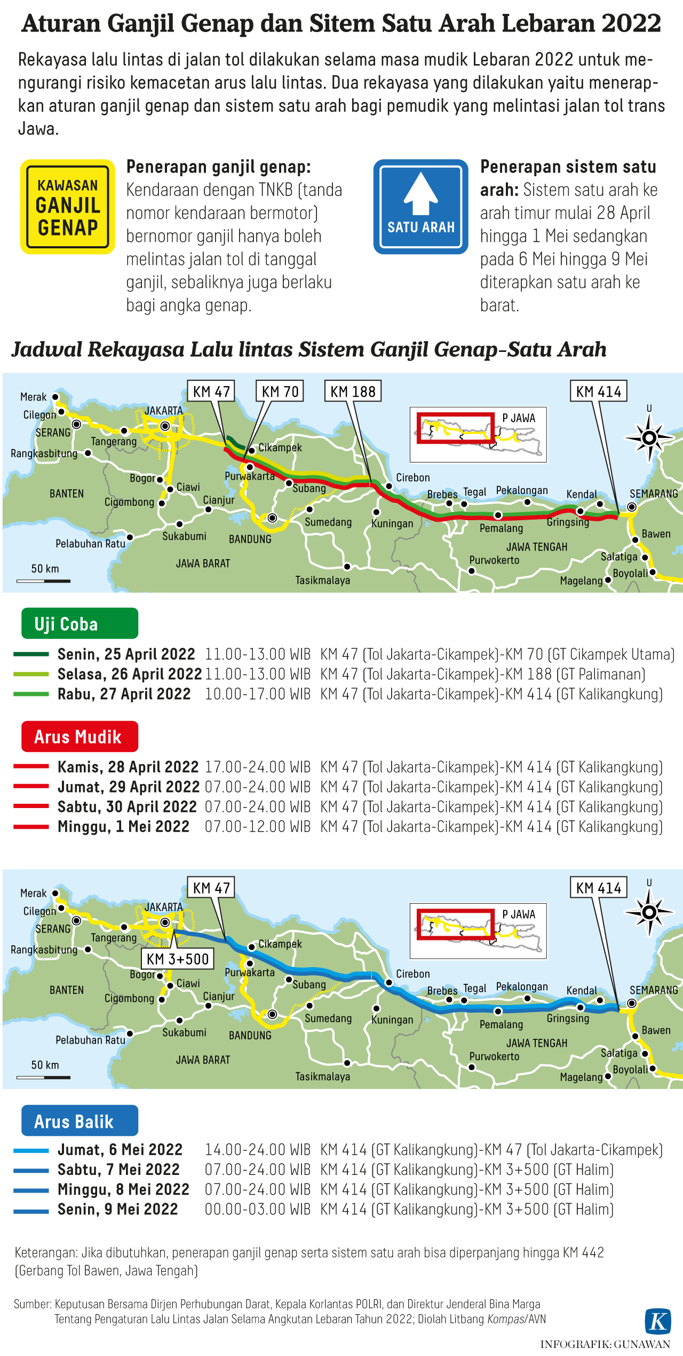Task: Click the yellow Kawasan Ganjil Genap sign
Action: pyautogui.click(x=68, y=207)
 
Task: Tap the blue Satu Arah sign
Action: pyautogui.click(x=420, y=207)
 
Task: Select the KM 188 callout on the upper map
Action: pyautogui.click(x=353, y=391)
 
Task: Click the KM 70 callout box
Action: pyautogui.click(x=280, y=391)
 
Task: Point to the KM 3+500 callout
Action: pyautogui.click(x=178, y=959)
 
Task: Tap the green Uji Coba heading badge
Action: pyautogui.click(x=80, y=623)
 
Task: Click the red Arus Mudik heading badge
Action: pyautogui.click(x=80, y=736)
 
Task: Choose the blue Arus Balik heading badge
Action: pyautogui.click(x=80, y=1121)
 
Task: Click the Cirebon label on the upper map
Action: pyautogui.click(x=412, y=477)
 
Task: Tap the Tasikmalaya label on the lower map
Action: pyautogui.click(x=323, y=1077)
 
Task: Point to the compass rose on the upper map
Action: pyautogui.click(x=649, y=438)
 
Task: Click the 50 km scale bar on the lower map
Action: pyautogui.click(x=44, y=1077)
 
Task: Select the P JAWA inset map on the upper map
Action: pyautogui.click(x=478, y=434)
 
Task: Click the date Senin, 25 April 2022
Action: pyautogui.click(x=126, y=654)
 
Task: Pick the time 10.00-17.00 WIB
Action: pyautogui.click(x=257, y=694)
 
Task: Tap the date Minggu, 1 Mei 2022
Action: pyautogui.click(x=123, y=827)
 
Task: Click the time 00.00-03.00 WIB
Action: pyautogui.click(x=257, y=1209)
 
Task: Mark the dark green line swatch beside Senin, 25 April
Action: pyautogui.click(x=31, y=654)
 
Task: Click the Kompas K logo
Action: pyautogui.click(x=658, y=1321)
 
